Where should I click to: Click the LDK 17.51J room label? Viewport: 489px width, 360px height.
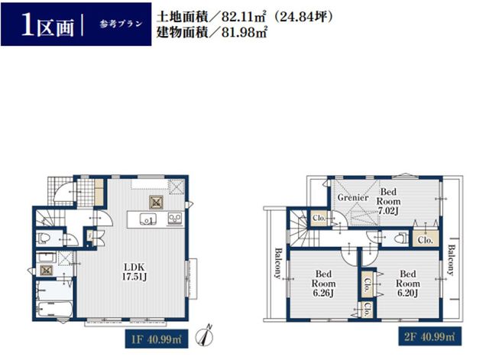[x=134, y=272]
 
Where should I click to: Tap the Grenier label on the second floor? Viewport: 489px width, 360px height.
[x=353, y=197]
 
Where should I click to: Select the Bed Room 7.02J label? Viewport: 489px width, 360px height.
[x=388, y=201]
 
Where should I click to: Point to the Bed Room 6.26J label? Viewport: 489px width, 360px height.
[x=323, y=284]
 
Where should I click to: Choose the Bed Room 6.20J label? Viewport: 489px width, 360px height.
[x=408, y=284]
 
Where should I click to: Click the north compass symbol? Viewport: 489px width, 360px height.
[x=205, y=336]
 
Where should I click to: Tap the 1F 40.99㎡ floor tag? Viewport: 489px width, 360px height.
[x=157, y=339]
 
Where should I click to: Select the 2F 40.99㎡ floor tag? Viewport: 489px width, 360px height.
[x=429, y=336]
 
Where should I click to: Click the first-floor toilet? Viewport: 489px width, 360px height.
[x=44, y=238]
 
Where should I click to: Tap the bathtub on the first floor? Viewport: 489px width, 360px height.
[x=54, y=310]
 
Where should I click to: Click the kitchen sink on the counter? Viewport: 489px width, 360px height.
[x=148, y=219]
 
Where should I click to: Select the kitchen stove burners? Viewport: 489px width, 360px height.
[x=175, y=219]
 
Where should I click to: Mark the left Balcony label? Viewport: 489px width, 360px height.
[x=278, y=263]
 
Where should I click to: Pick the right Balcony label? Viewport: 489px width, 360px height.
[x=450, y=260]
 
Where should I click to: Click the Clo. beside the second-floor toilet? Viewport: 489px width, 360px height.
[x=426, y=240]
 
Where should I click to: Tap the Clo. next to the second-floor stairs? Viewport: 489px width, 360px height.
[x=319, y=218]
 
